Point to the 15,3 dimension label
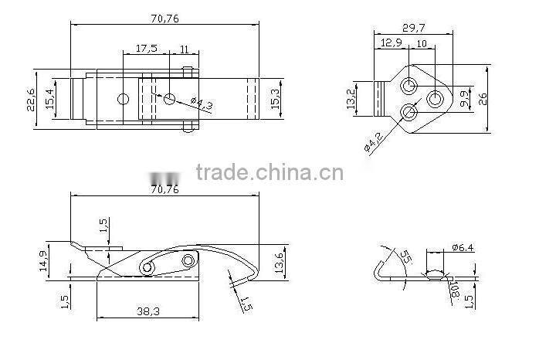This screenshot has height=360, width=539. tap(276, 98)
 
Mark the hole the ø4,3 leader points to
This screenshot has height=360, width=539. tap(170, 99)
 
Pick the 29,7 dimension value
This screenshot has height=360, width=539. tap(414, 28)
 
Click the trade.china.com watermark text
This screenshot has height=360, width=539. tap(269, 172)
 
